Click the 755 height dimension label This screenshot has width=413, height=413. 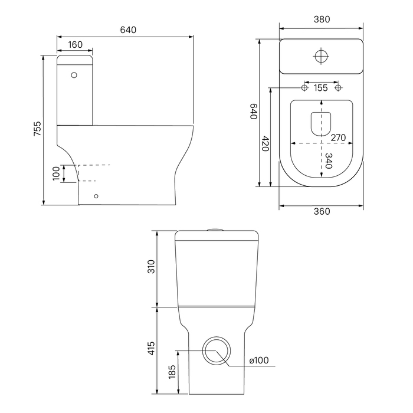(x=38, y=129)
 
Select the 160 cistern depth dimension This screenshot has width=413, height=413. (x=76, y=45)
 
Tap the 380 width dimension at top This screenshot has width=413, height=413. (x=322, y=19)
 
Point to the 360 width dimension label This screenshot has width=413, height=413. (x=322, y=211)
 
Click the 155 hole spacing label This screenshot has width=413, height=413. (x=320, y=88)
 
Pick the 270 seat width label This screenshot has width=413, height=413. (x=338, y=137)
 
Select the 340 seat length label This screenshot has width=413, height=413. (x=329, y=160)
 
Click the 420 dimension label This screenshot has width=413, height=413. (x=265, y=143)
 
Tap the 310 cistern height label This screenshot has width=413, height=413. (x=151, y=266)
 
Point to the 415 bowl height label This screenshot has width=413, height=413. (x=151, y=348)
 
